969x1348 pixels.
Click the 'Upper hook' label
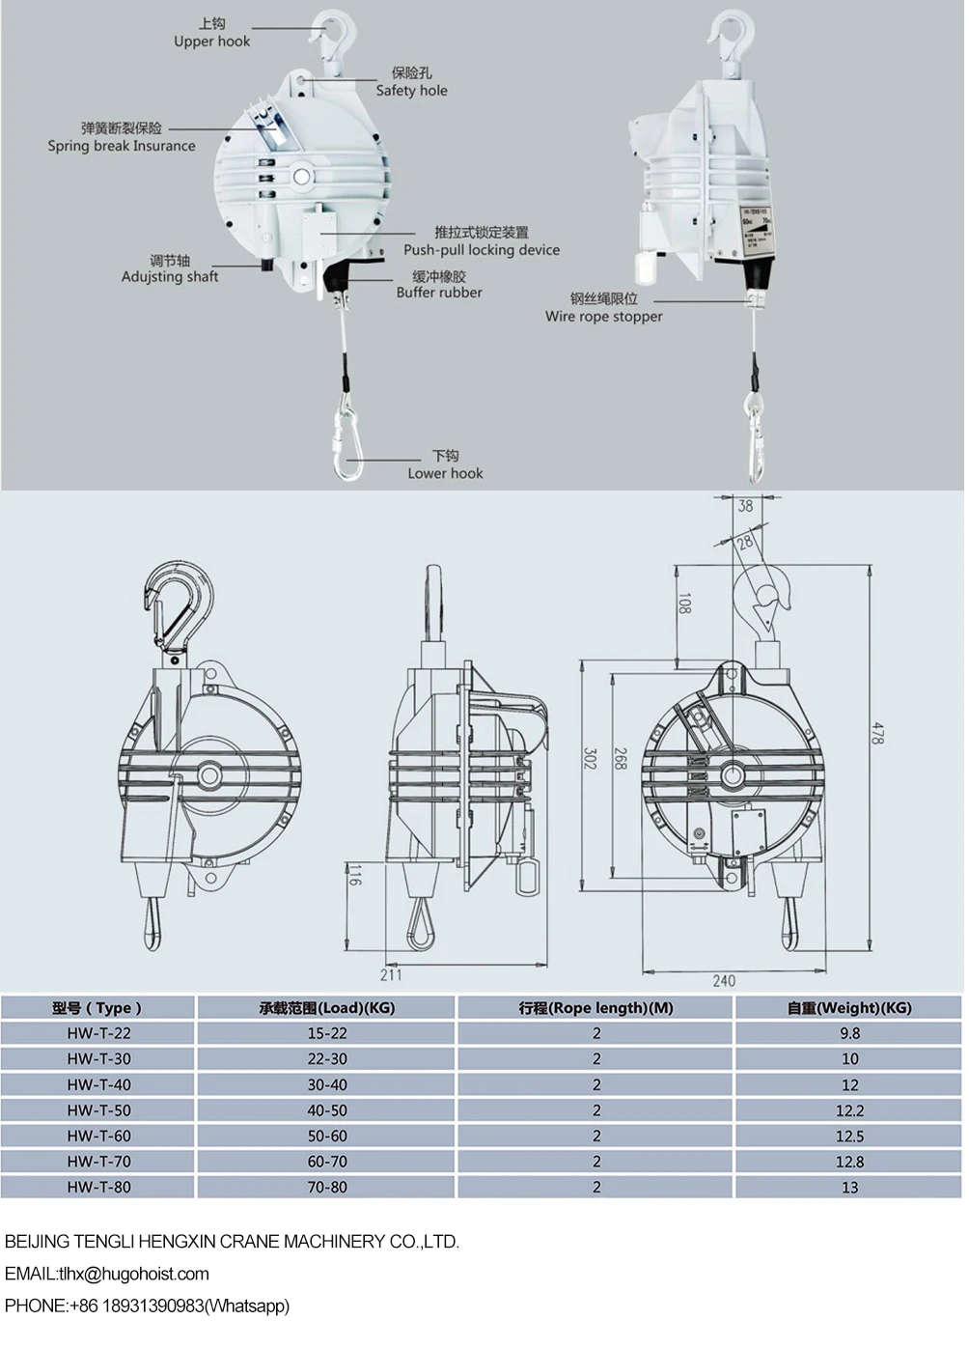coord(211,42)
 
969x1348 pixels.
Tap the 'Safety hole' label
coord(411,91)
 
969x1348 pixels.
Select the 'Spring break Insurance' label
coord(122,146)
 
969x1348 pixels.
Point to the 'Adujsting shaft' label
coord(170,277)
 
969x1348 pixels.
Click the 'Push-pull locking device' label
coord(481,250)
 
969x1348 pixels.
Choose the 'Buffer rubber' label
coord(439,293)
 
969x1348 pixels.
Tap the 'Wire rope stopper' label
coord(603,317)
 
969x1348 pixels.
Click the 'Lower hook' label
coord(445,473)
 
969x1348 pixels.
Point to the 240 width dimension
coord(724,980)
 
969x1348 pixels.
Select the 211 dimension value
coord(391,974)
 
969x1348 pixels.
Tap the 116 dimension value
coord(354,877)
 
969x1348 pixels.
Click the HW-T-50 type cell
coord(98,1110)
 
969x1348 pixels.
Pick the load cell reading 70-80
coord(327,1187)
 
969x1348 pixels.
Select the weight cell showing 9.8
coord(849,1033)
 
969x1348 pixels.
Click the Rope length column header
coord(595,1008)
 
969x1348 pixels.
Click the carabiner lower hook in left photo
coord(346,440)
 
